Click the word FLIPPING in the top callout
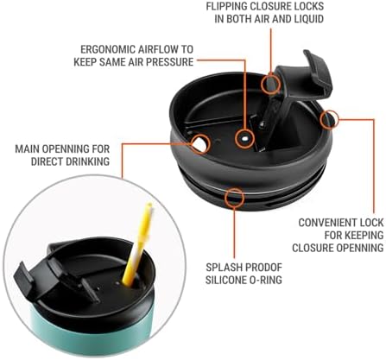click(x=227, y=6)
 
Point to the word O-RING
click(x=265, y=280)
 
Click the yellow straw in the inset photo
click(x=137, y=244)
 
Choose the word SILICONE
click(x=225, y=280)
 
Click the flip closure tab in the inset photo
click(x=26, y=278)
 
